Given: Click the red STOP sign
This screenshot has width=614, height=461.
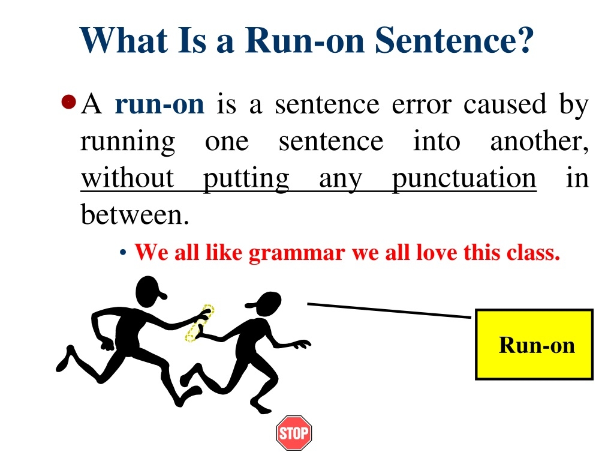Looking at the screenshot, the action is (x=294, y=433).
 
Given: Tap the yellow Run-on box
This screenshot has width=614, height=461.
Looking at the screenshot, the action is (x=534, y=345).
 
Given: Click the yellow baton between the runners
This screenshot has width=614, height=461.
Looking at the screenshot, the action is (x=199, y=323).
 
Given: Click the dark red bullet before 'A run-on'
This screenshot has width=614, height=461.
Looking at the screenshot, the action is (x=68, y=102).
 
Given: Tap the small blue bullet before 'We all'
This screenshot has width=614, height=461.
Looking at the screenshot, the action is (x=123, y=253).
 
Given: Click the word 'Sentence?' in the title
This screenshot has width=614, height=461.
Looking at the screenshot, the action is (x=455, y=40).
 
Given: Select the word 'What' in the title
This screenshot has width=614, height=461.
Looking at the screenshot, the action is (x=124, y=40).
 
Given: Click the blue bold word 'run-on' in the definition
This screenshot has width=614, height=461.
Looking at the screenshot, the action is (x=159, y=104).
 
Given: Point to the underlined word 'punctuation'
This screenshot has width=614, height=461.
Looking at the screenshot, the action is (x=464, y=179).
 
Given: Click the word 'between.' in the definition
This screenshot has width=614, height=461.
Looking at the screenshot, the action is (x=135, y=215).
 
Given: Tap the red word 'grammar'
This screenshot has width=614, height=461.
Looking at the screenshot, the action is (x=297, y=253).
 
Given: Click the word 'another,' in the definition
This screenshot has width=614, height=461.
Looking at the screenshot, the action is (x=539, y=141).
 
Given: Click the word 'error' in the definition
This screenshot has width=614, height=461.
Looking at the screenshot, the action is (x=422, y=106).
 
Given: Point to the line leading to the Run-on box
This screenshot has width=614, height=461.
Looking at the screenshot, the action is (x=389, y=310).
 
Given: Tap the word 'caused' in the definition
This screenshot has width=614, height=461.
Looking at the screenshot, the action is (x=505, y=104).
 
